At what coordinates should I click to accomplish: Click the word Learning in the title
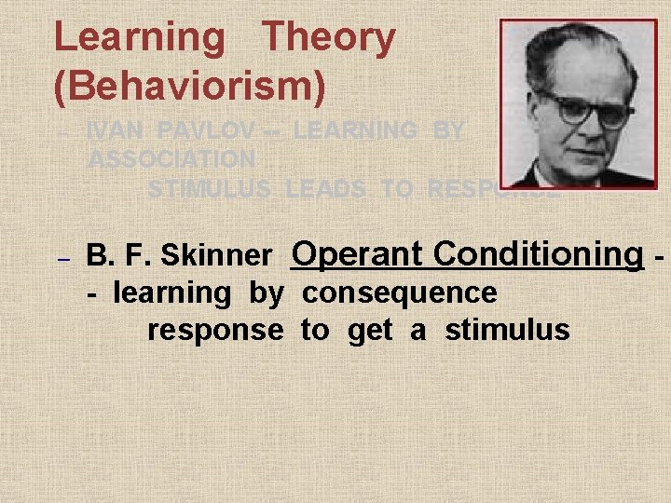139,39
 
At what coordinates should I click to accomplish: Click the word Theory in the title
328,39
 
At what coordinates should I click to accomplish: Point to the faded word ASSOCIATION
171,160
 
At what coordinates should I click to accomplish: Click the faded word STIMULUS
210,189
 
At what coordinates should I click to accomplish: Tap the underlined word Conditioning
538,253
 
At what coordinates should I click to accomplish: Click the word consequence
399,292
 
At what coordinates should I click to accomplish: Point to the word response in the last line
215,330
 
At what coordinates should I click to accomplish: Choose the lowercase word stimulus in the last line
507,330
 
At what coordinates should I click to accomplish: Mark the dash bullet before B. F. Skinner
63,255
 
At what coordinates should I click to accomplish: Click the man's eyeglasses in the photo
587,109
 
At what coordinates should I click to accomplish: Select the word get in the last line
369,331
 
